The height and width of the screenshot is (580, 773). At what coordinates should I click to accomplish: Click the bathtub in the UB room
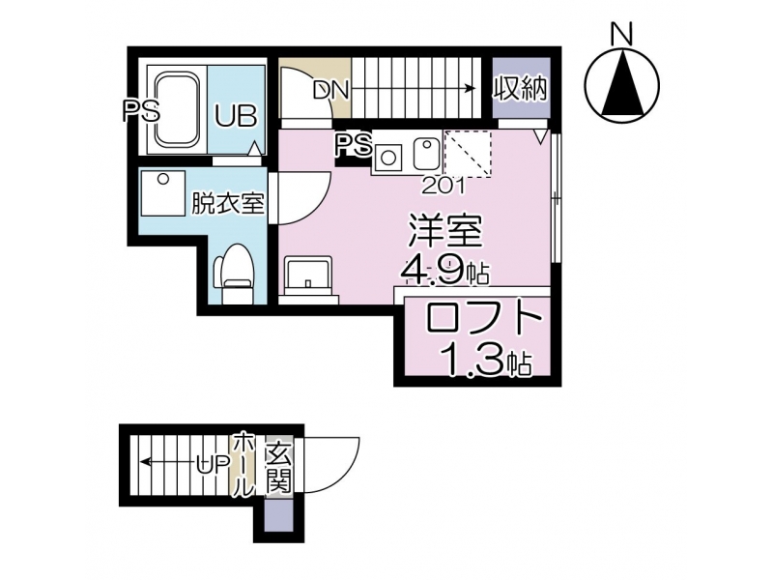tap(178, 109)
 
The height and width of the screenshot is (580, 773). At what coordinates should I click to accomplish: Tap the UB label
tap(236, 116)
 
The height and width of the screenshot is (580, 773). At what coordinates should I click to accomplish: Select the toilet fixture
tap(233, 274)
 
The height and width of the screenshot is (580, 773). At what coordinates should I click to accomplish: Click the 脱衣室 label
tap(227, 203)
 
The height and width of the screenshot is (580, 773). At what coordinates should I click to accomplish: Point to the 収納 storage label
tap(521, 89)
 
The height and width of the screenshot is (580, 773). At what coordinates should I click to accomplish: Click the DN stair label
tap(330, 90)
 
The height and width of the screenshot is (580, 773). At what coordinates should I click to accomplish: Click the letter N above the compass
tap(621, 34)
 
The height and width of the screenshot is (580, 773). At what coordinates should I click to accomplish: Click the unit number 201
tap(443, 186)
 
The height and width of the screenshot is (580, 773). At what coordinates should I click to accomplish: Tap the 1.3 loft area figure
tap(475, 360)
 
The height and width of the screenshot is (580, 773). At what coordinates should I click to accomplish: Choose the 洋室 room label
tap(444, 231)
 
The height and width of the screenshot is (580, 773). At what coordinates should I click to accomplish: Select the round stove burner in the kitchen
tap(388, 158)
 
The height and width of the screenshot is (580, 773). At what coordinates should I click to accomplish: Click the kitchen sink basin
tap(425, 153)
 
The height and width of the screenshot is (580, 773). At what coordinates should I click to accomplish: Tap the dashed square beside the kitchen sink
tap(468, 154)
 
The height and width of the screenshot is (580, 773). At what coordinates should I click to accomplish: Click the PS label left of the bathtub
tap(141, 111)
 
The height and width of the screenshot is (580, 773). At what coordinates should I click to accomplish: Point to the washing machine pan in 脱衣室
tap(162, 192)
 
